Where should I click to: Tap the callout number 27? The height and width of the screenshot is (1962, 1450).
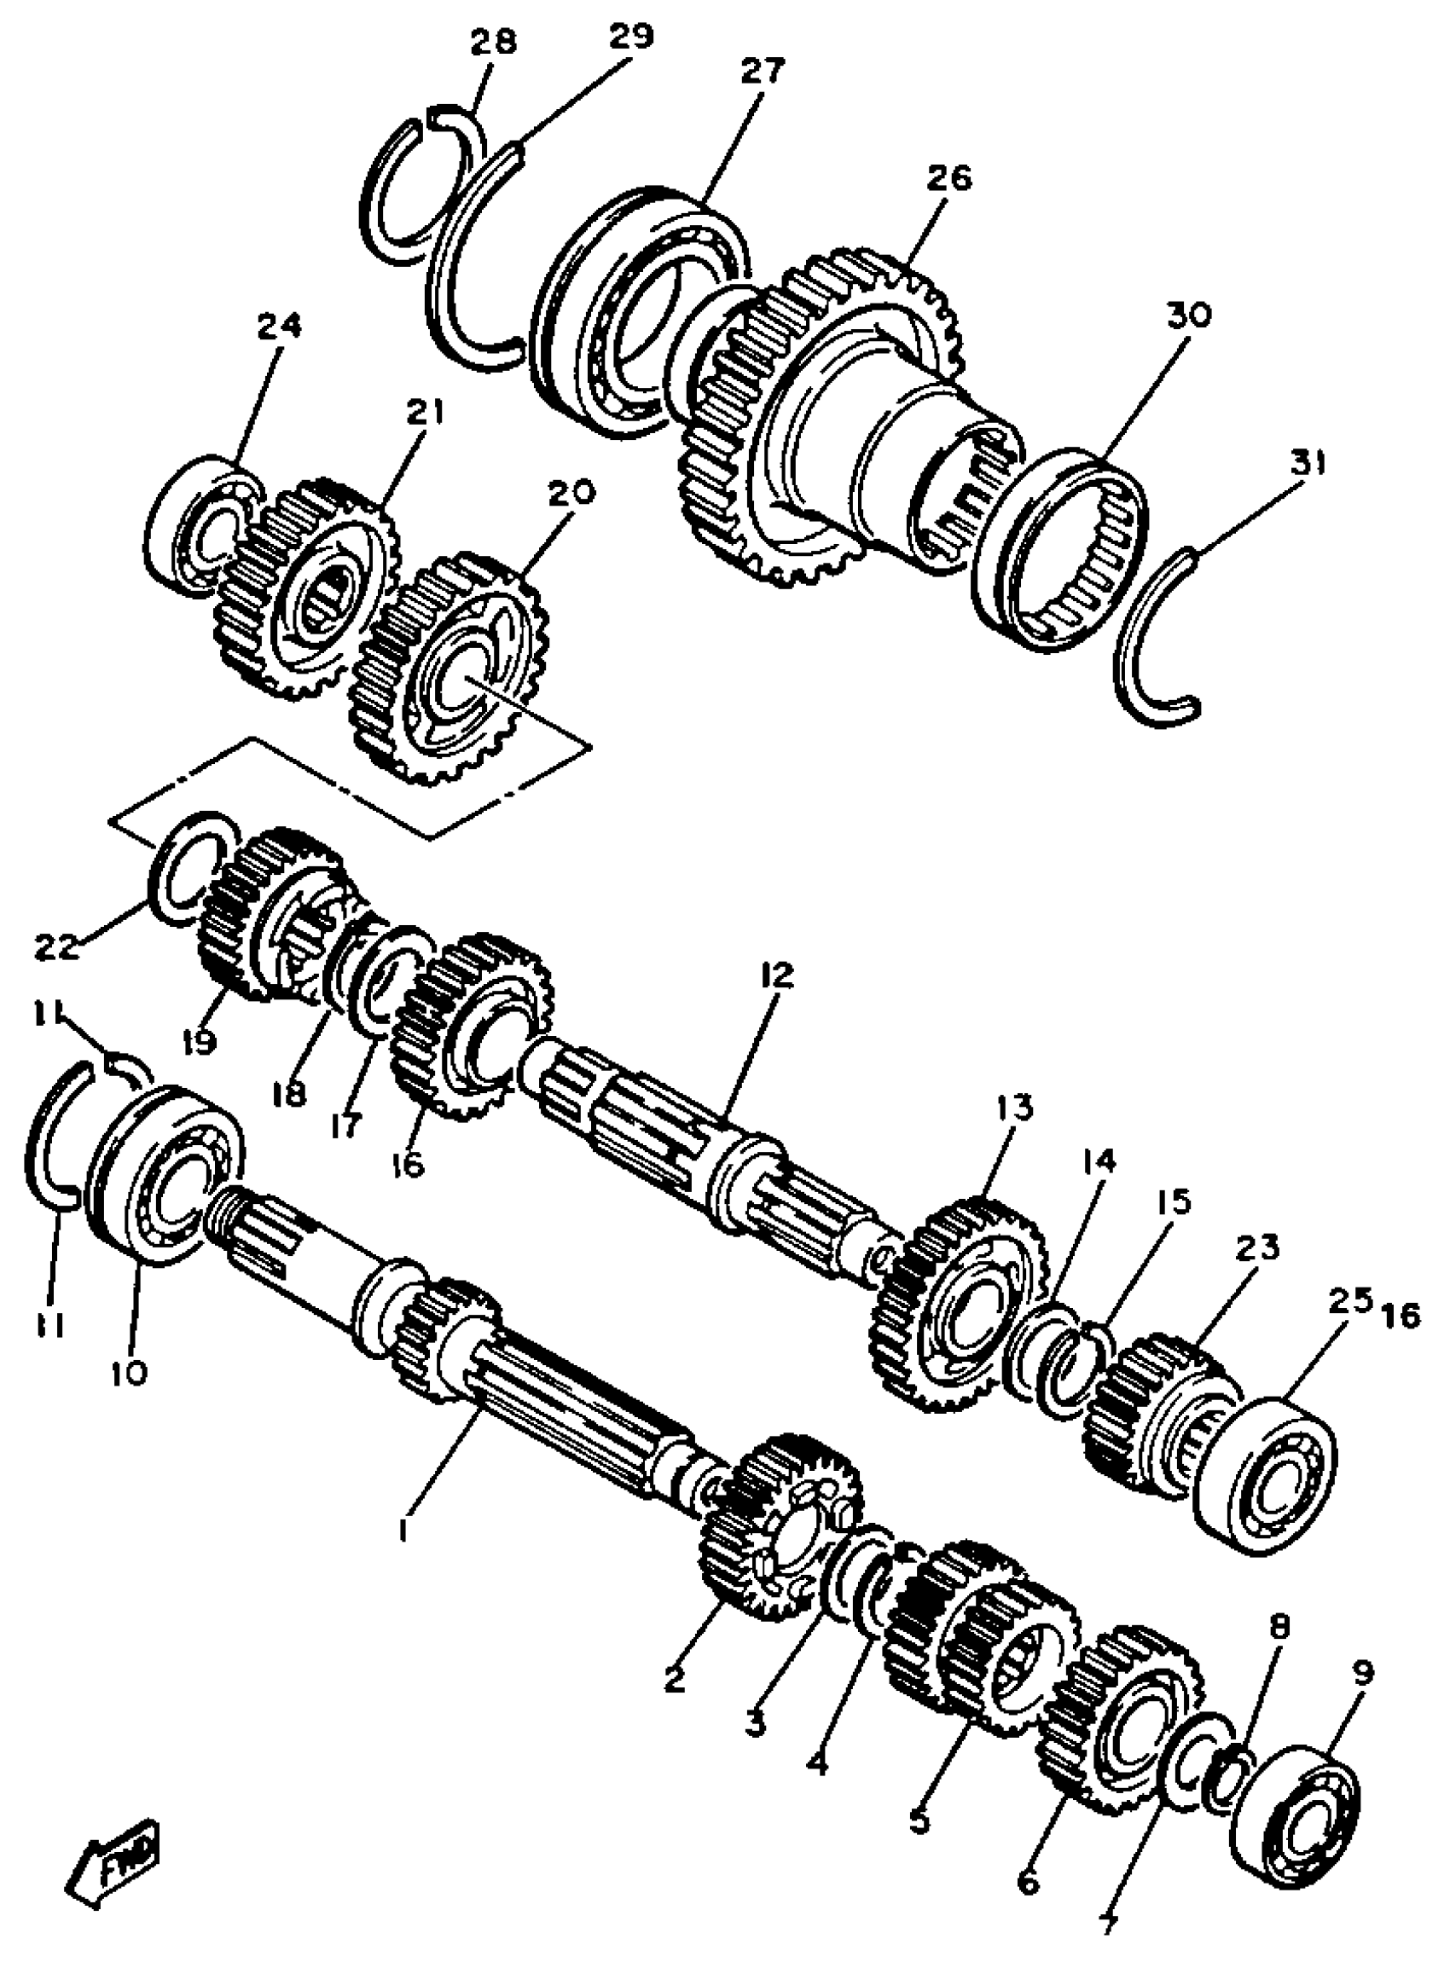pos(762,70)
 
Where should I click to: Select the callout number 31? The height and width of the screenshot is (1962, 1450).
pos(1307,461)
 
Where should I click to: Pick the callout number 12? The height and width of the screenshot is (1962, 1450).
pos(777,975)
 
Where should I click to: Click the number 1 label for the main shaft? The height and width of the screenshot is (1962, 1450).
pos(404,1531)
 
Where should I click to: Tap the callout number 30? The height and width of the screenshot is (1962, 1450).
pos(1188,315)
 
